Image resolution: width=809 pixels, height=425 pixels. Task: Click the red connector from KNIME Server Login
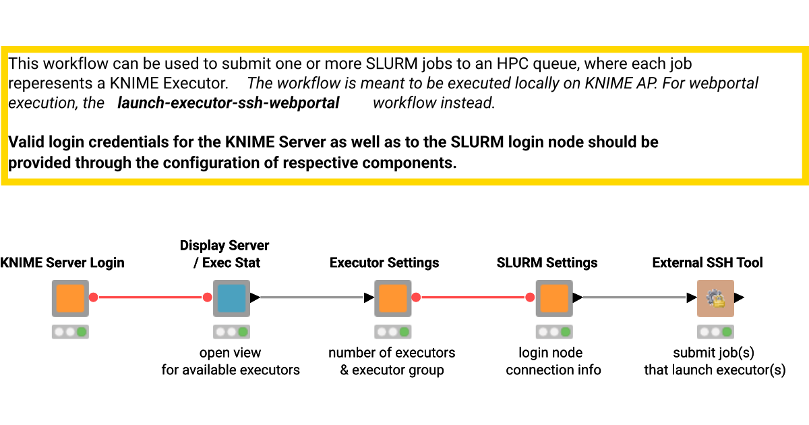150,297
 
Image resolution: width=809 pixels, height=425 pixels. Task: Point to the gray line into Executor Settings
313,297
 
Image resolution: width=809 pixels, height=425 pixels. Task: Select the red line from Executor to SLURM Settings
472,297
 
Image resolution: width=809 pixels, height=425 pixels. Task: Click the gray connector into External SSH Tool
634,297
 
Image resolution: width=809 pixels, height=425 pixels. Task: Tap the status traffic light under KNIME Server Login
70,332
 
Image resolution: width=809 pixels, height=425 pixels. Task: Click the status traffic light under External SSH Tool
715,332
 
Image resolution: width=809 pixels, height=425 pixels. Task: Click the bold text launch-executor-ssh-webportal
229,103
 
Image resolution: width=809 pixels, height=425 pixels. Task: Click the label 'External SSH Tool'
707,263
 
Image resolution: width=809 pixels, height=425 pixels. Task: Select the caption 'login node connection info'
553,362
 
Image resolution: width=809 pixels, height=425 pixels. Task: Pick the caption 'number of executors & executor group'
392,362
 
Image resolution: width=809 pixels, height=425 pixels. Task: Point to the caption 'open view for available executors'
231,362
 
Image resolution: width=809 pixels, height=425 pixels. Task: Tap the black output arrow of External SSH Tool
740,297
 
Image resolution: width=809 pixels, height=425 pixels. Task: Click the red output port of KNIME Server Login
94,297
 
